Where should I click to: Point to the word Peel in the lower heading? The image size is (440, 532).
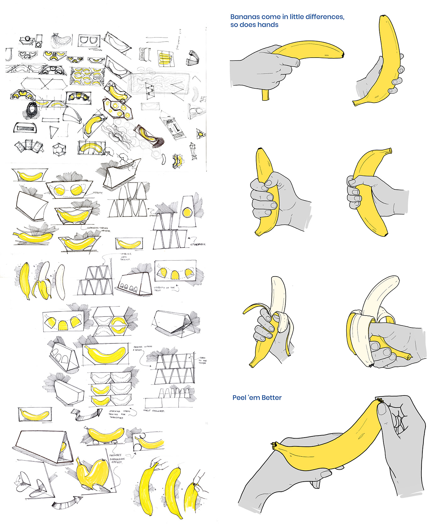click(239, 398)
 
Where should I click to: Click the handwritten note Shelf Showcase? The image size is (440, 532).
click(154, 411)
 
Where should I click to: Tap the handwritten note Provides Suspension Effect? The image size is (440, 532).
click(117, 459)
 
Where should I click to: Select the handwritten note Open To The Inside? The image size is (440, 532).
click(202, 360)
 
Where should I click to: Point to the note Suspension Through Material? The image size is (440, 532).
click(99, 229)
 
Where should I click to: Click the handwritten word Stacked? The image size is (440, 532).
click(154, 216)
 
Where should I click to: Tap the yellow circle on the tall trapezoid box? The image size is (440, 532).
click(187, 212)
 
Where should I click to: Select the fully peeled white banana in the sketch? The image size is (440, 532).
click(60, 282)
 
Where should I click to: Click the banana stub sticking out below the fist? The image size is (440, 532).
click(266, 95)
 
